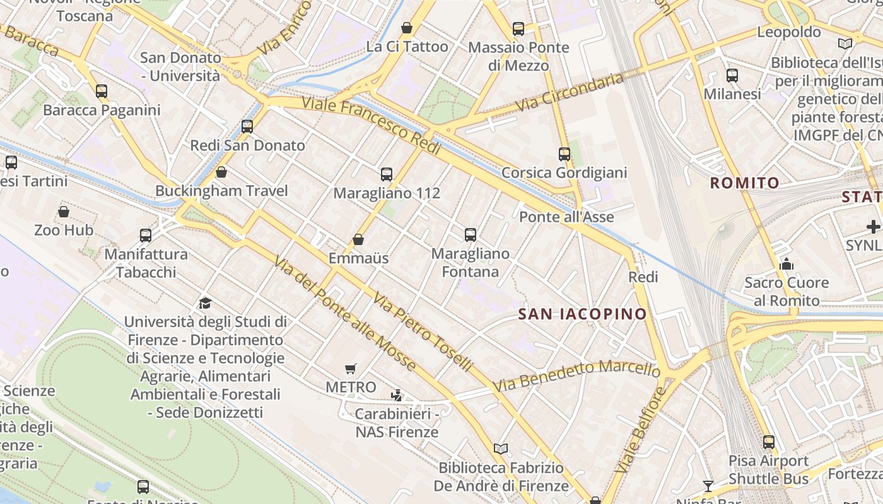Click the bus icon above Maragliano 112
(x=387, y=175)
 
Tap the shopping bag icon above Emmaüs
(x=358, y=239)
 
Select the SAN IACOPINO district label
(x=583, y=314)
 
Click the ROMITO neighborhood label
(x=745, y=183)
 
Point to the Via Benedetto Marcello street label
(x=576, y=375)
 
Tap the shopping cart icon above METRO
(x=351, y=369)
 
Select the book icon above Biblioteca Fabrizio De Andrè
(x=501, y=449)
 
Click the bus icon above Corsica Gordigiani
(x=564, y=154)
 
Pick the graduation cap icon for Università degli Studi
(x=205, y=304)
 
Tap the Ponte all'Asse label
(x=566, y=217)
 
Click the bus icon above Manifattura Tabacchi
(x=146, y=236)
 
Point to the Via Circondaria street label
(x=570, y=93)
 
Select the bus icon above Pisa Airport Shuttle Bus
(x=769, y=442)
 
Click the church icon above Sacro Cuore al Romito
(x=786, y=264)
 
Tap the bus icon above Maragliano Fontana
(x=471, y=235)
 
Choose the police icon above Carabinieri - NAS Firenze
(x=397, y=396)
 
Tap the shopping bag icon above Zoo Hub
(x=64, y=212)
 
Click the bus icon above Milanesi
(x=732, y=76)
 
